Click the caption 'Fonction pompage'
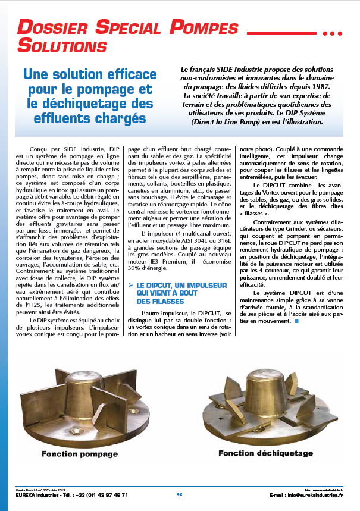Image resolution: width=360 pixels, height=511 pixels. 79,454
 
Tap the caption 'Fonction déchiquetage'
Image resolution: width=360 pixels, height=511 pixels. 265,453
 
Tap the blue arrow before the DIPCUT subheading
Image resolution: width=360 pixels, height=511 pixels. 130,286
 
